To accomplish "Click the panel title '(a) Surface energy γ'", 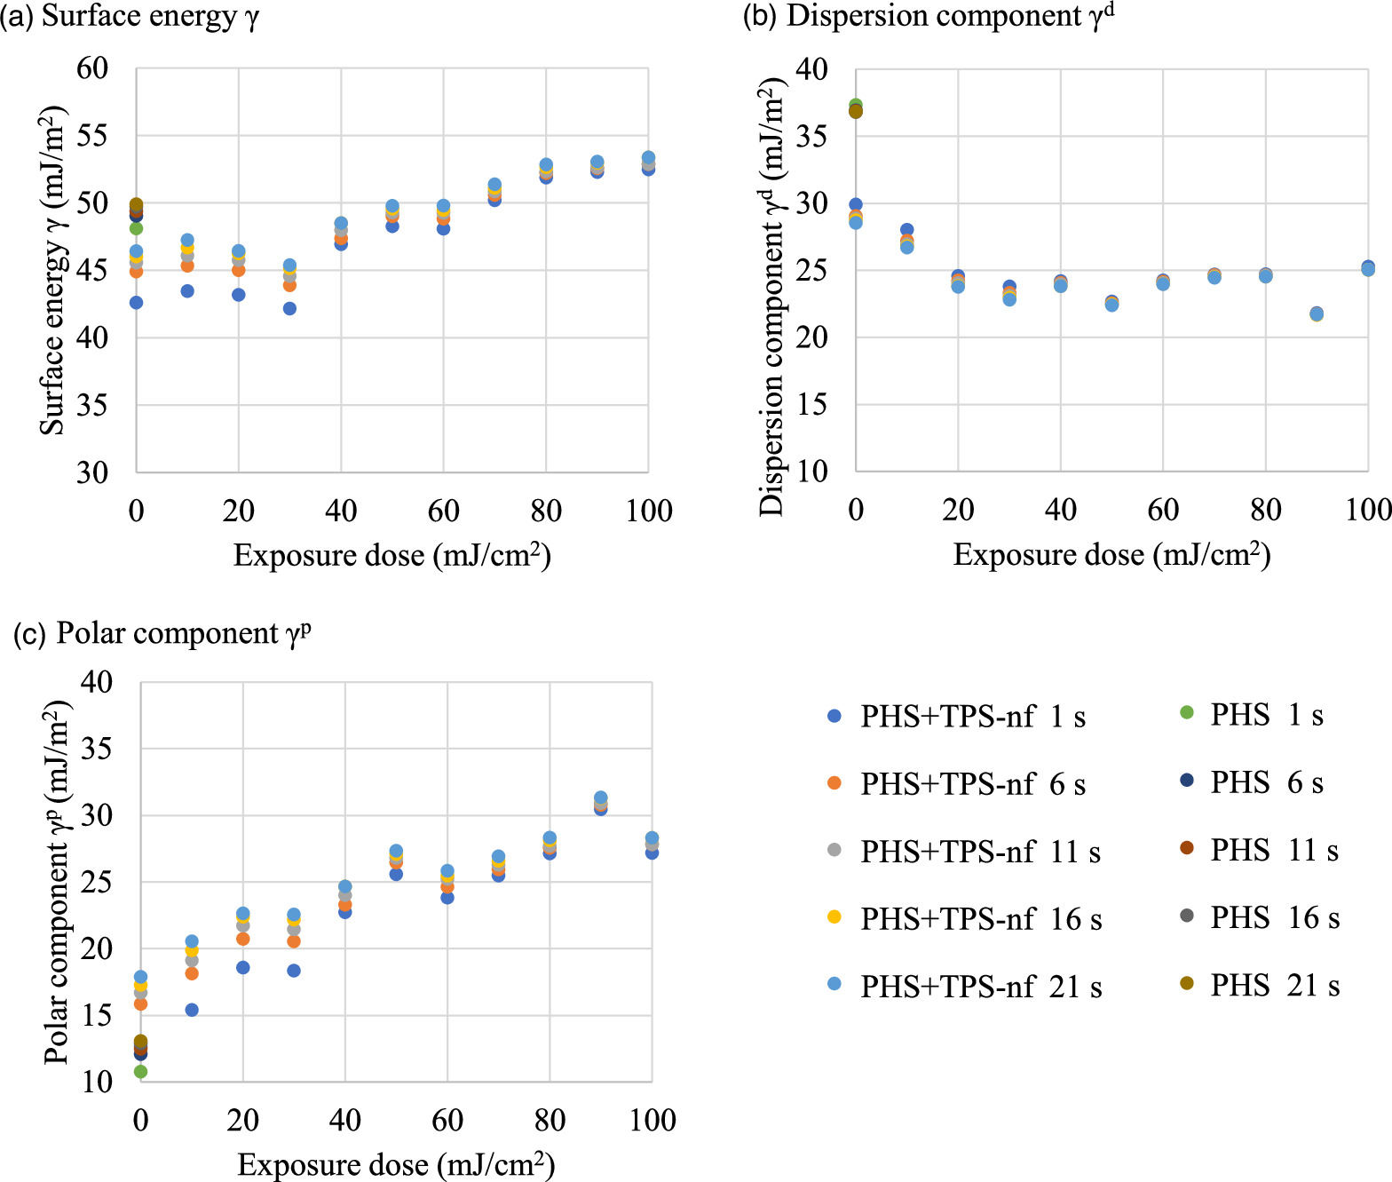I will [x=130, y=17].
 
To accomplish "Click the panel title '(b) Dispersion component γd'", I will [x=928, y=17].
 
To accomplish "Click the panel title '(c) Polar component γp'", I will [x=163, y=633].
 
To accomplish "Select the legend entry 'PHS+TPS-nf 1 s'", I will [x=972, y=717].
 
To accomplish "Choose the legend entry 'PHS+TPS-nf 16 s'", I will [x=980, y=919].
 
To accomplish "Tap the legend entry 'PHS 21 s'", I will [x=1274, y=985].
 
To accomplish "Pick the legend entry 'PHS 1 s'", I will [x=1266, y=715].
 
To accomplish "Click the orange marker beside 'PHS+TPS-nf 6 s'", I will [x=834, y=783].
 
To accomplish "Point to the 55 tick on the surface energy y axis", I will [x=92, y=136].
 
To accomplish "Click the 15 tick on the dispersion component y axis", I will [x=811, y=405].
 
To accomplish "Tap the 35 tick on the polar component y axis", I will [x=97, y=749].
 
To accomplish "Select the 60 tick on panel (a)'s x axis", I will [x=443, y=511].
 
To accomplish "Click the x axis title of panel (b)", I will [x=1111, y=555].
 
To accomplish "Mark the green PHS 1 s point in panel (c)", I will [x=140, y=1072].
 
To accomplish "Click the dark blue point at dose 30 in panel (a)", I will [x=289, y=308].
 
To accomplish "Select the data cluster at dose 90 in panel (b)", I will [x=1317, y=313].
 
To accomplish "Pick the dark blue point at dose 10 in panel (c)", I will [x=192, y=1010].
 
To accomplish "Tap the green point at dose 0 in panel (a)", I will [x=136, y=228].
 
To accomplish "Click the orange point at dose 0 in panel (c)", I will [x=140, y=1004].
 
